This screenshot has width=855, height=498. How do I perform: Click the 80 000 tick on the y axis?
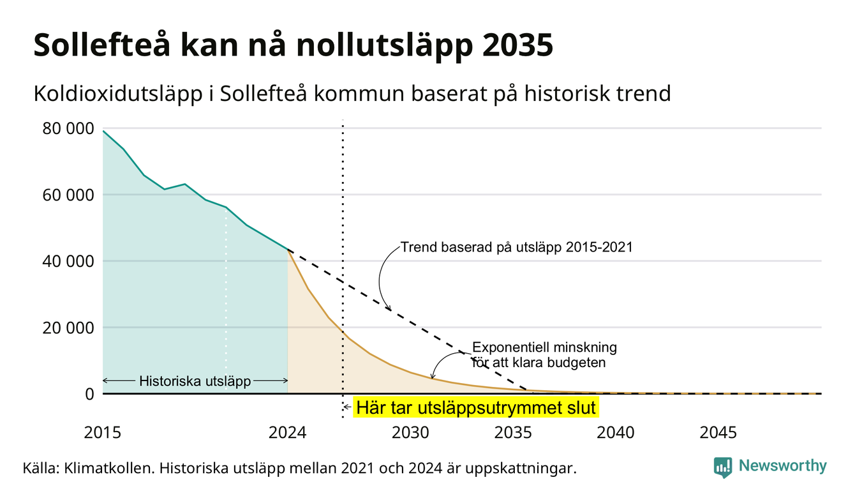(68, 129)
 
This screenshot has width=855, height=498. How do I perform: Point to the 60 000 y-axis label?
(68, 195)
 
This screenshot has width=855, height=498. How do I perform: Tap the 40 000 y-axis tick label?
(68, 262)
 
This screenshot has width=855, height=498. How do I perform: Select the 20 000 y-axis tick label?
(68, 328)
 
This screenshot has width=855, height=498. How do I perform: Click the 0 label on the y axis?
(89, 394)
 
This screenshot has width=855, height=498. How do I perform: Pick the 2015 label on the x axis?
(103, 433)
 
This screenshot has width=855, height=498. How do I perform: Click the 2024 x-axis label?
(287, 433)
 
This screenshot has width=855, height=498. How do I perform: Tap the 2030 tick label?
(411, 433)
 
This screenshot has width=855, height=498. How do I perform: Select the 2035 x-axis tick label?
(514, 433)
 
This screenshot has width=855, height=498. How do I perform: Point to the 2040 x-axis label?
(616, 433)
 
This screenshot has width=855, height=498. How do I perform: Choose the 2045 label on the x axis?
(718, 433)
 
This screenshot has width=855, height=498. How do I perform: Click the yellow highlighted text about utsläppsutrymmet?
(476, 408)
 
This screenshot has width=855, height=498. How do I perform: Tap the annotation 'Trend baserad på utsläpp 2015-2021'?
(516, 247)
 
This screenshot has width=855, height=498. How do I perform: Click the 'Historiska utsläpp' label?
(195, 381)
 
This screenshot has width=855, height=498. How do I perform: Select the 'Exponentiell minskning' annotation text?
(545, 347)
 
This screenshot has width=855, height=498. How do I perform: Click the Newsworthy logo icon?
(723, 467)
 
